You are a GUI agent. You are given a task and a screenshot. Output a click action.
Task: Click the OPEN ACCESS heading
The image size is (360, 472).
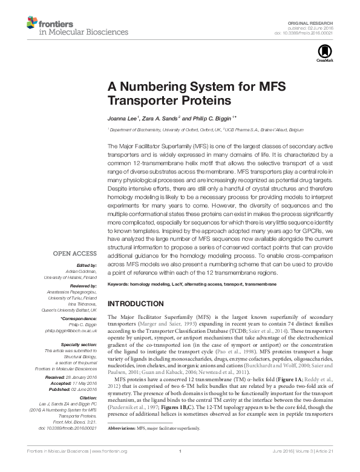(74, 254)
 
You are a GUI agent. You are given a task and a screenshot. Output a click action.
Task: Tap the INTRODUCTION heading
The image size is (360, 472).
(139, 303)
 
